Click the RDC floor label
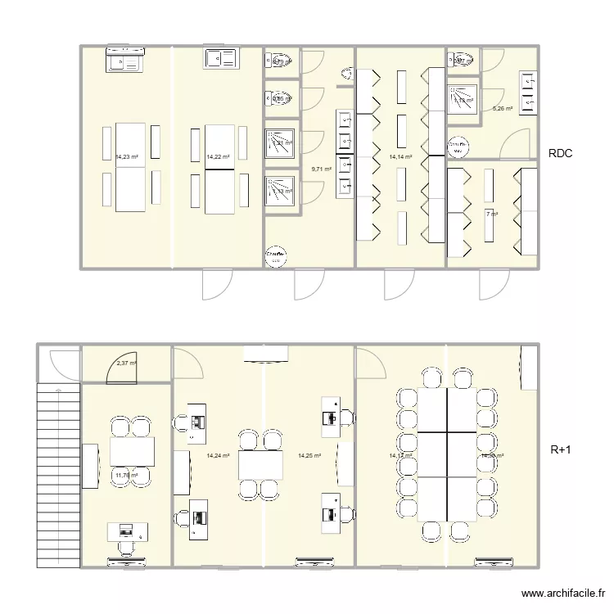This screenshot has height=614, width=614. tap(562, 153)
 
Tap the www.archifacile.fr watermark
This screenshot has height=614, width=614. tap(562, 594)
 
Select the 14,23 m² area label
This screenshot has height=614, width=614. tap(127, 156)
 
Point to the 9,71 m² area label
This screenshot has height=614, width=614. tap(321, 169)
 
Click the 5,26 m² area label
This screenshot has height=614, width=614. tap(502, 108)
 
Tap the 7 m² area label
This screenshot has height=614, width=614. tap(491, 214)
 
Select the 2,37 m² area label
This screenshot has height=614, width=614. tap(126, 363)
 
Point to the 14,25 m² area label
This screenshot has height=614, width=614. tap(309, 455)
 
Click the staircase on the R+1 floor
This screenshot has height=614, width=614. tap(59, 475)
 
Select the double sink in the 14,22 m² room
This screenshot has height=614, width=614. tap(220, 58)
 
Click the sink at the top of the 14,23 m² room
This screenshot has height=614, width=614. tap(125, 61)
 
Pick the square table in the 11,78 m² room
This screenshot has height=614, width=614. tap(132, 449)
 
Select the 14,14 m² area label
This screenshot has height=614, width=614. tap(400, 156)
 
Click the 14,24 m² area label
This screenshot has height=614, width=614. tap(219, 455)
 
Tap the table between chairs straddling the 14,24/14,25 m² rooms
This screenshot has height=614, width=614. tap(261, 465)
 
